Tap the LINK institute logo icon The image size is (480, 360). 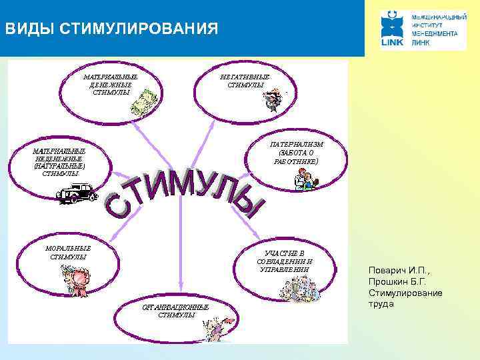pyautogui.click(x=393, y=30)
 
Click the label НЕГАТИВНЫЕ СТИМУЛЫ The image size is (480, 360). pyautogui.click(x=245, y=81)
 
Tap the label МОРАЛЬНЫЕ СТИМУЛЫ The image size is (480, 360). pyautogui.click(x=67, y=252)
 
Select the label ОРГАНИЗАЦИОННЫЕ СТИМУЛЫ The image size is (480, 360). pyautogui.click(x=176, y=311)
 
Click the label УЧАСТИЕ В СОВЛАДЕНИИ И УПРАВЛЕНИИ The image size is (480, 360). pyautogui.click(x=285, y=261)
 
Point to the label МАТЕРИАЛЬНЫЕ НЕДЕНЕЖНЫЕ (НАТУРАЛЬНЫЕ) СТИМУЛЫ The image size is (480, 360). pyautogui.click(x=59, y=162)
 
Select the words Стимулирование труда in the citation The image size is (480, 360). pyautogui.click(x=404, y=299)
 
